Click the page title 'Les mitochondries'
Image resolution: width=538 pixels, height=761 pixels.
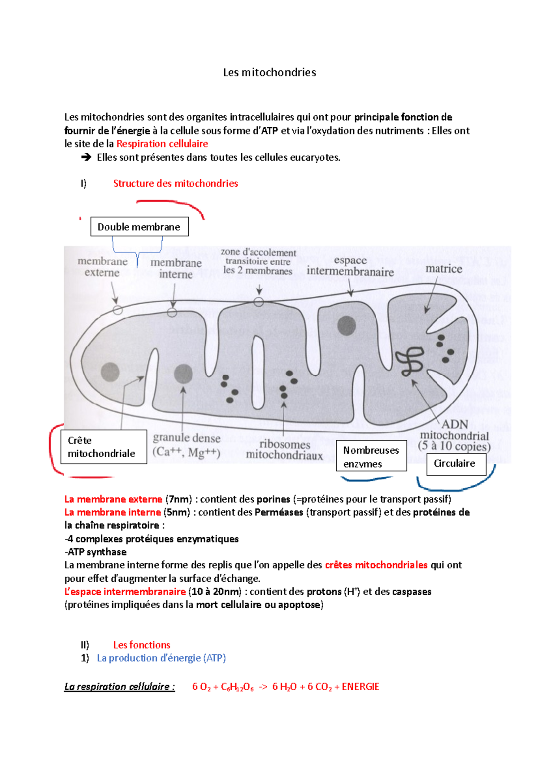(x=269, y=73)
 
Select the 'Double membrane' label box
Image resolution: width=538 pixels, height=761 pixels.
(x=139, y=227)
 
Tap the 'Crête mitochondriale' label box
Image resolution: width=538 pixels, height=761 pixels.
(x=104, y=447)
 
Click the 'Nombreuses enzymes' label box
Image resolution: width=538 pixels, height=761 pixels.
(x=371, y=456)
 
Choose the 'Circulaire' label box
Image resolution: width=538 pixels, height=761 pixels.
(x=456, y=464)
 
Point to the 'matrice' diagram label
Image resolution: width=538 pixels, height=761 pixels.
(x=443, y=269)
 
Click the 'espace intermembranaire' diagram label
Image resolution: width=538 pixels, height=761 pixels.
(x=350, y=266)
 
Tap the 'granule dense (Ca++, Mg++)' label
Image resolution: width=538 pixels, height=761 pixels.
(x=187, y=445)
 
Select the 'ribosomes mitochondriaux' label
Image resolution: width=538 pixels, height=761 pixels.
(x=284, y=450)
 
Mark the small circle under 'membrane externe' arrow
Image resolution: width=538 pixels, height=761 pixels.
(x=118, y=310)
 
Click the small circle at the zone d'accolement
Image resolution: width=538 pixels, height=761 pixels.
(x=259, y=302)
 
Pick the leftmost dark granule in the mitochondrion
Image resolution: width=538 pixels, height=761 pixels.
(x=110, y=372)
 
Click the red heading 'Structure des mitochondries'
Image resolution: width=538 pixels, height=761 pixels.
(x=175, y=183)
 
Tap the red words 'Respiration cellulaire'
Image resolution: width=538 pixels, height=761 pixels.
(x=162, y=144)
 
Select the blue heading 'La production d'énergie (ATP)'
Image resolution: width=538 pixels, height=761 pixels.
(x=161, y=658)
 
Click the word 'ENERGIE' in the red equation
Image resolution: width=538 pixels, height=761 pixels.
(x=360, y=687)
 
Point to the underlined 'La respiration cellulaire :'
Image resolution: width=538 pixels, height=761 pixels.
(x=119, y=687)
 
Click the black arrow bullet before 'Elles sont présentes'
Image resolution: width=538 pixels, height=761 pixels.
(x=86, y=157)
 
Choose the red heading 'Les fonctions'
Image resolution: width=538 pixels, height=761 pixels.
(x=142, y=645)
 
